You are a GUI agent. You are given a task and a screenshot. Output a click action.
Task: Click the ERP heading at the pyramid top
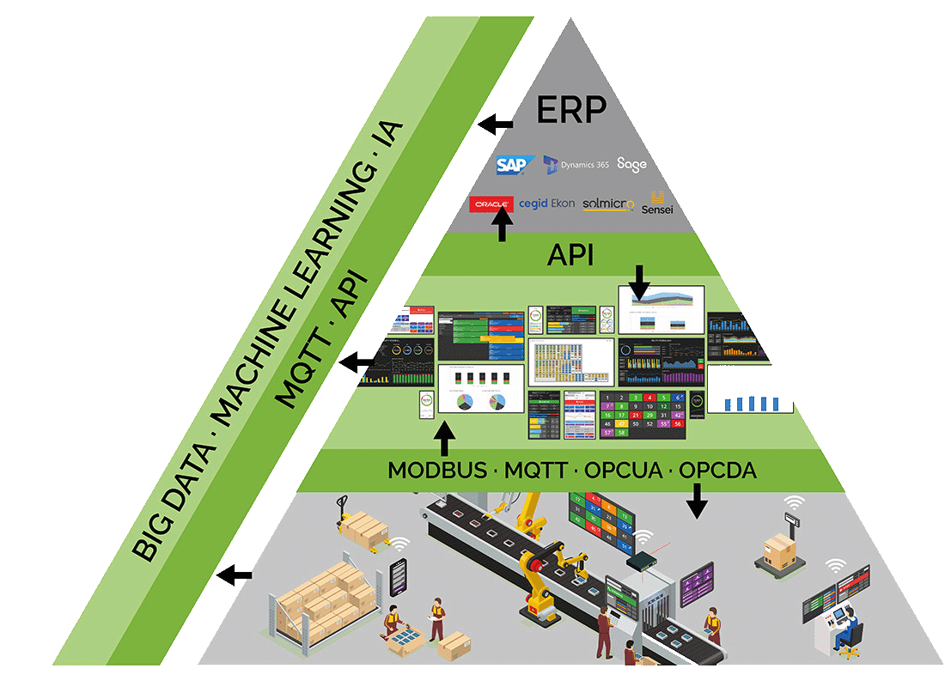(572, 109)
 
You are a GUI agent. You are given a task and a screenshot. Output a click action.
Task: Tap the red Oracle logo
(491, 204)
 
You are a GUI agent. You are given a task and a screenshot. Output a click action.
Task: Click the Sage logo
(631, 163)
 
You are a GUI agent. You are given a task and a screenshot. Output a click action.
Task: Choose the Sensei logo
(658, 204)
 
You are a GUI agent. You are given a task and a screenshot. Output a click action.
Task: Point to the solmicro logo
(607, 204)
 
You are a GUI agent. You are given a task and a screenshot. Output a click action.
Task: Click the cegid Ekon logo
(546, 204)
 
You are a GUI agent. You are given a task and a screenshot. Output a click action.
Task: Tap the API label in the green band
(570, 256)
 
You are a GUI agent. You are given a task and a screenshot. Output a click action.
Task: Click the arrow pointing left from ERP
(496, 125)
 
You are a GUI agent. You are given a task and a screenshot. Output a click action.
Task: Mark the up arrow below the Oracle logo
(503, 228)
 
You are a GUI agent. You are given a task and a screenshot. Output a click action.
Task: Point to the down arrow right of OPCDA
(697, 501)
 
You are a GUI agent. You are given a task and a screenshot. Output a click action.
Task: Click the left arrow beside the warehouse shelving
(235, 575)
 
